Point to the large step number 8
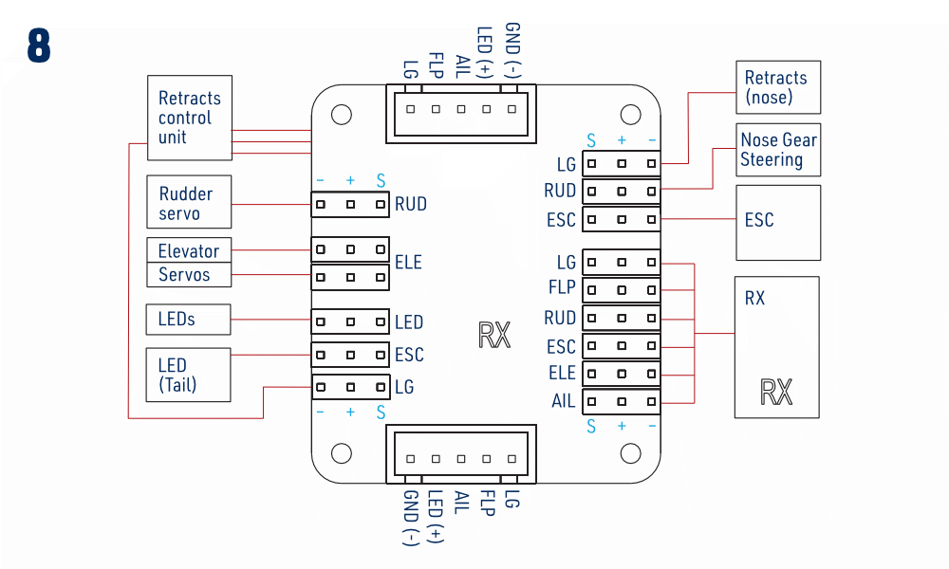pyautogui.click(x=39, y=46)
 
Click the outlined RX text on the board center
pyautogui.click(x=494, y=335)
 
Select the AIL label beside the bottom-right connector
pyautogui.click(x=563, y=401)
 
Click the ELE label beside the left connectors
pyautogui.click(x=408, y=263)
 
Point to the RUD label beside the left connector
pyautogui.click(x=411, y=205)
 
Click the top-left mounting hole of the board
pyautogui.click(x=342, y=115)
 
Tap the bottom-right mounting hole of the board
pyautogui.click(x=631, y=453)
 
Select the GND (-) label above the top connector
pyautogui.click(x=512, y=50)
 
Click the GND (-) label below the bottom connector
pyautogui.click(x=410, y=518)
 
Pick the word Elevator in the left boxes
pyautogui.click(x=188, y=251)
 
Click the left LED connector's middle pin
pyautogui.click(x=350, y=322)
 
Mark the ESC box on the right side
pyautogui.click(x=778, y=223)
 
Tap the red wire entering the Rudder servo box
pyautogui.click(x=271, y=205)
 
